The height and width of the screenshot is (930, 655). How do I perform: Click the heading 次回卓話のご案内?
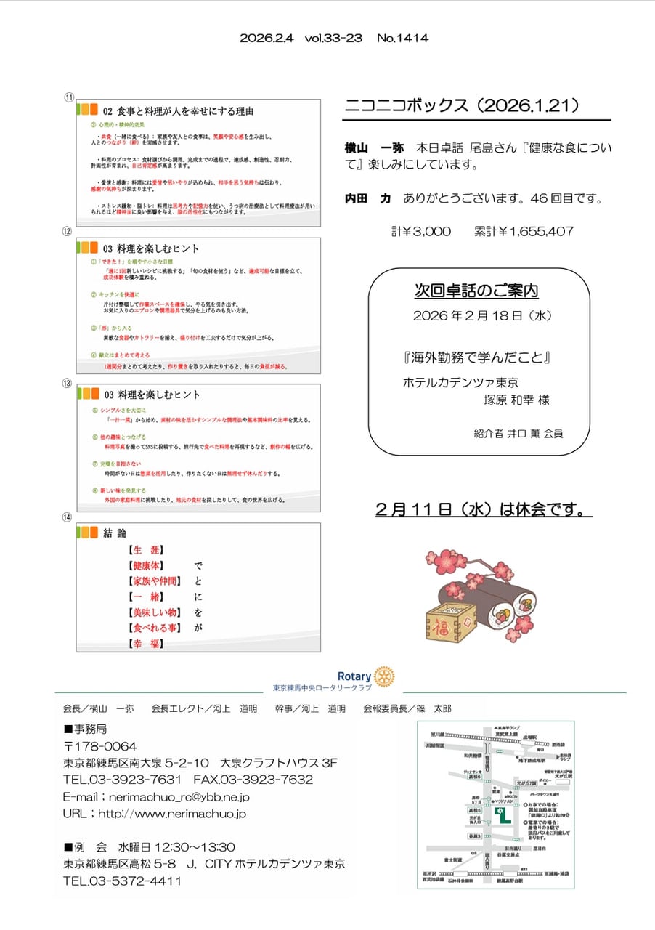click(476, 291)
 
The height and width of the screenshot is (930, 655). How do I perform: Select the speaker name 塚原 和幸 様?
click(517, 400)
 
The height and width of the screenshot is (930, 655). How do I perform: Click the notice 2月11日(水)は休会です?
click(483, 510)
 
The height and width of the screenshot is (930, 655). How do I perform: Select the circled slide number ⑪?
click(70, 97)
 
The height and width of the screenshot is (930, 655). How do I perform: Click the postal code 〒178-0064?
click(100, 747)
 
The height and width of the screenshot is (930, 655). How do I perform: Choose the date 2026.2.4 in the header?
click(267, 39)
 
